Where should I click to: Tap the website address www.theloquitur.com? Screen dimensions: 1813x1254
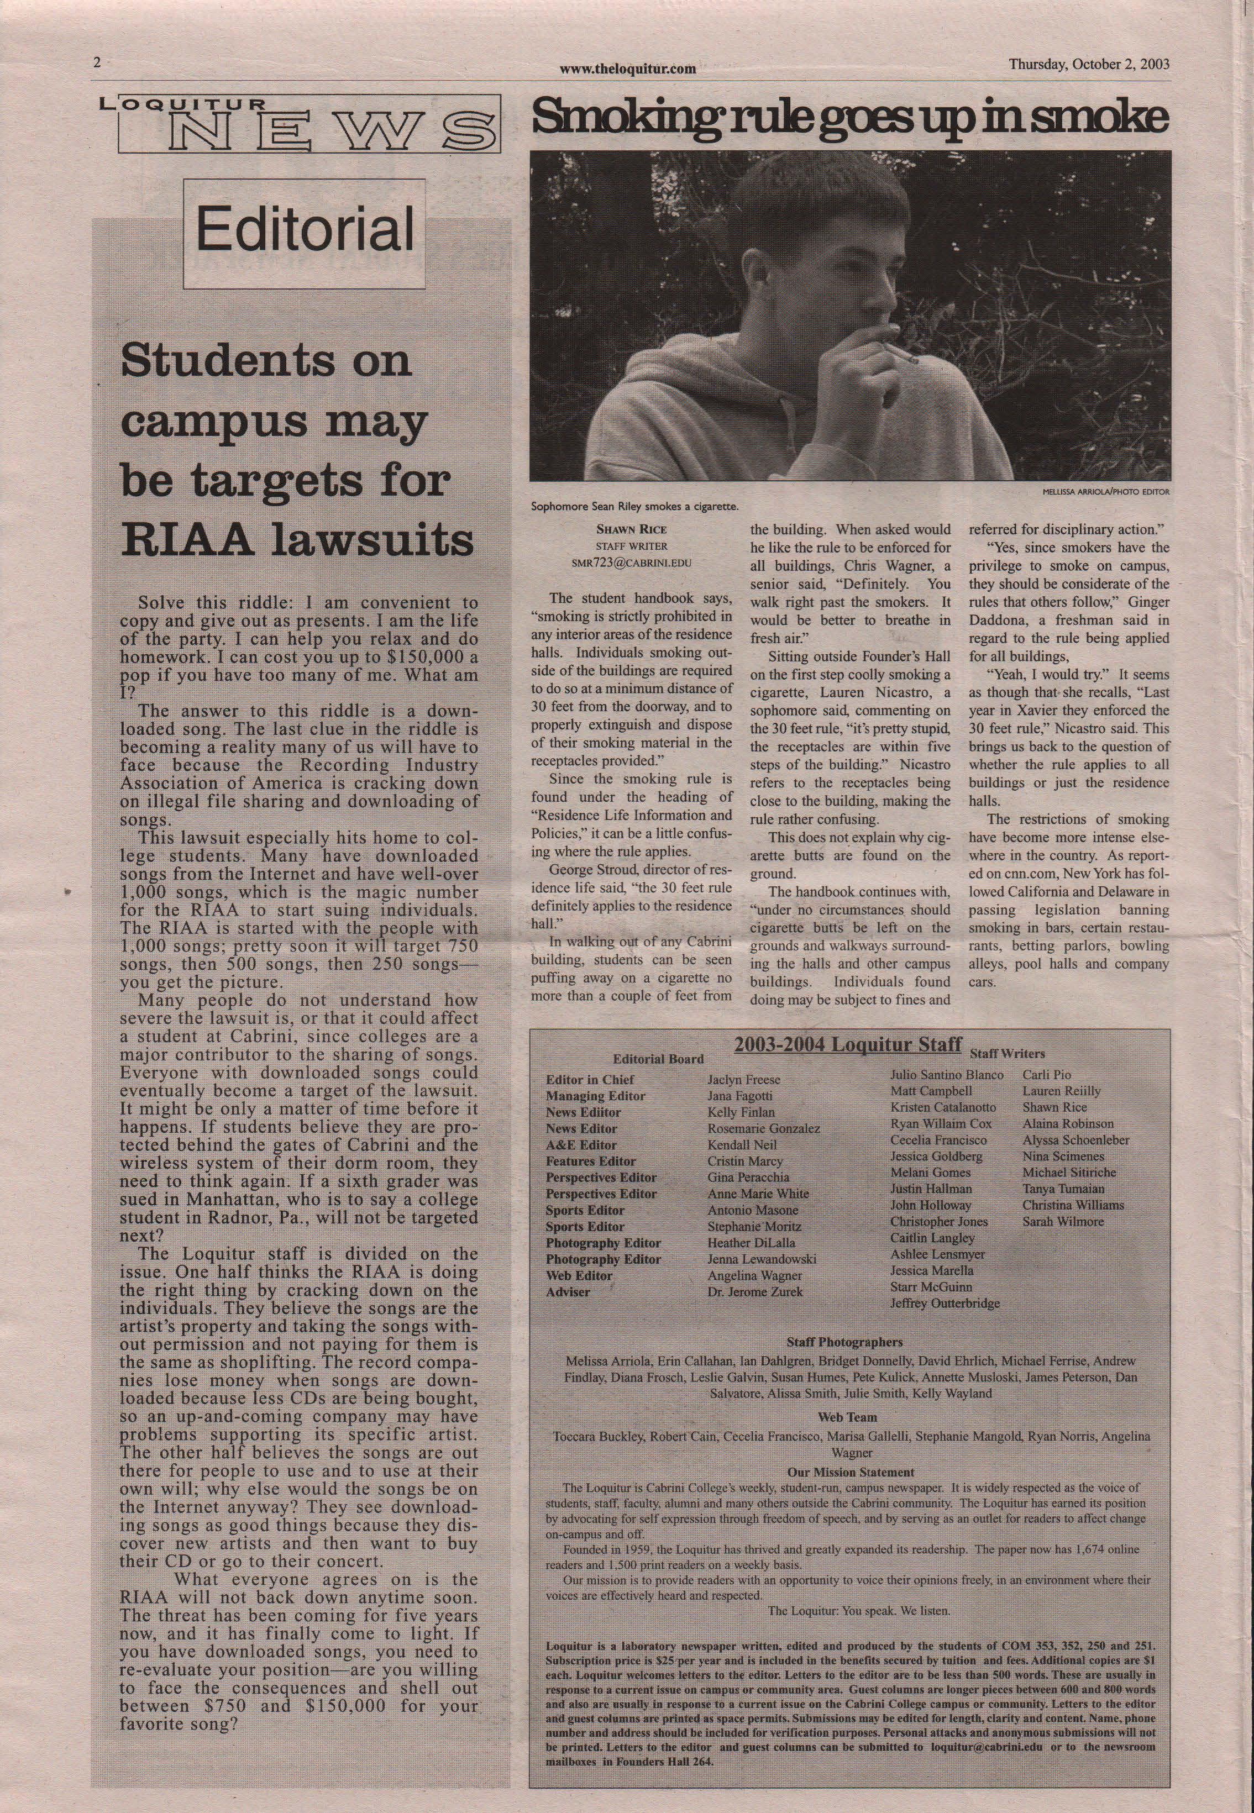(x=628, y=69)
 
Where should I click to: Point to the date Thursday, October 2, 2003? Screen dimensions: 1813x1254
(x=1089, y=65)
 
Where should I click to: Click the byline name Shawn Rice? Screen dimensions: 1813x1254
(x=632, y=529)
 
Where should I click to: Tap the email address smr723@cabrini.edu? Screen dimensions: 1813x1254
(x=632, y=563)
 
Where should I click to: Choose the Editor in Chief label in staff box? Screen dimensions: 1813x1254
(x=589, y=1079)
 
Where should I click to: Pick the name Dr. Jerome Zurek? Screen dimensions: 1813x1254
(x=754, y=1291)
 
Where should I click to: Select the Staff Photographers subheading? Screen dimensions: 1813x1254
(x=844, y=1342)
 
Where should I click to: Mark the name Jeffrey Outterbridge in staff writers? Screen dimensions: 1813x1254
(x=945, y=1303)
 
